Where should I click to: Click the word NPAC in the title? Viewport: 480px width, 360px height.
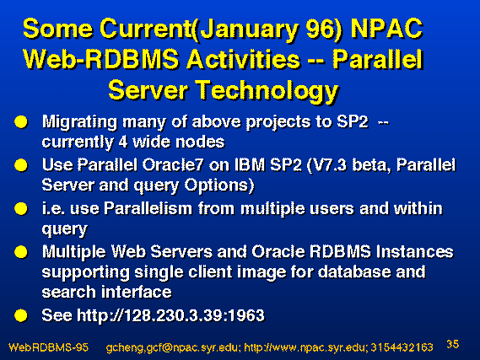[x=387, y=29]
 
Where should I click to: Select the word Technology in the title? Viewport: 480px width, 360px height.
[x=267, y=91]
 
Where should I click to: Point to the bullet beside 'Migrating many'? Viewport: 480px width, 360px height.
[x=21, y=121]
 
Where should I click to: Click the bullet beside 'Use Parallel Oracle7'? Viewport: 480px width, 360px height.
[x=21, y=165]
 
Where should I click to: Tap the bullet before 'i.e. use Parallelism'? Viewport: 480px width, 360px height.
[x=21, y=209]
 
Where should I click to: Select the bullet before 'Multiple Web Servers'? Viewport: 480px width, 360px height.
[x=21, y=252]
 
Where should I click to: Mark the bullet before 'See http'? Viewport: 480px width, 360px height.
[x=21, y=315]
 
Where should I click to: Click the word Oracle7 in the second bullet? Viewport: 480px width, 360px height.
[x=173, y=165]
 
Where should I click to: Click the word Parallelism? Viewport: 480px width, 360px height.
[x=148, y=208]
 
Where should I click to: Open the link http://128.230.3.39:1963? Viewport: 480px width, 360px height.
[x=170, y=315]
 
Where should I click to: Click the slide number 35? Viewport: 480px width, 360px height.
[x=453, y=344]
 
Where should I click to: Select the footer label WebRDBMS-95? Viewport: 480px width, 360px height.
[x=48, y=347]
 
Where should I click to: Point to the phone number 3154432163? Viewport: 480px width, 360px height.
[x=402, y=347]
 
